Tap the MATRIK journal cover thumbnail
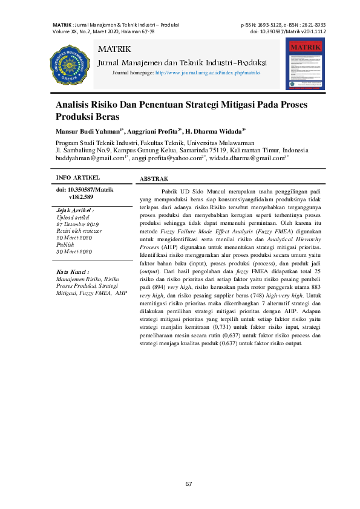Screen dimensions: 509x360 [305, 63]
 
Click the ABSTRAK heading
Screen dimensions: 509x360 [154, 180]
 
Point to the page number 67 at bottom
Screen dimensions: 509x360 [188, 484]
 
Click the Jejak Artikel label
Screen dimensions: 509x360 [75, 210]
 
